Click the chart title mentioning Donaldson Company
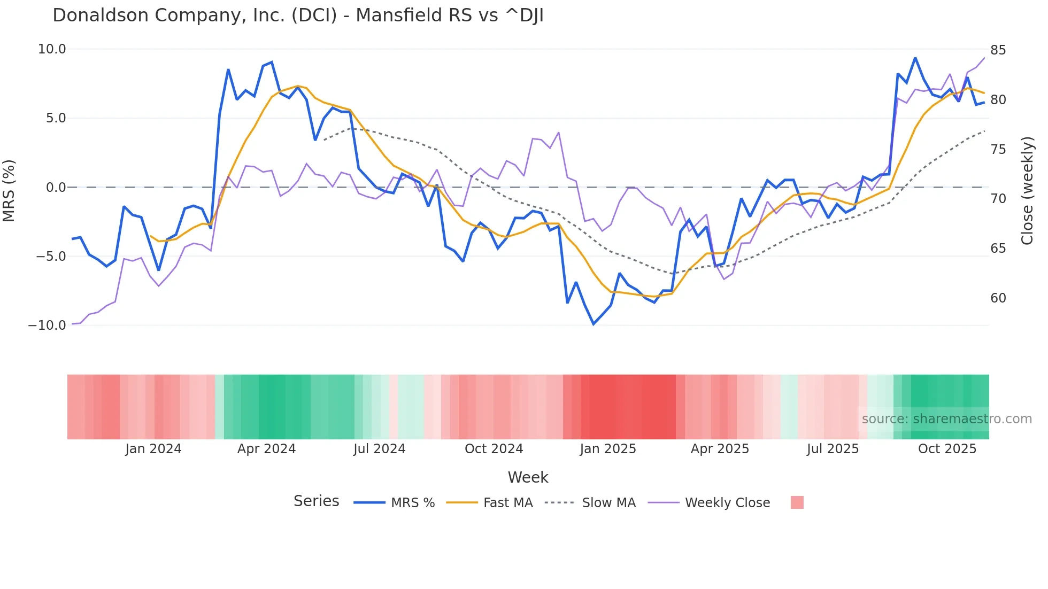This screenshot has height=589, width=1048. click(x=298, y=15)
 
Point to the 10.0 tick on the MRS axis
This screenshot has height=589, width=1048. click(x=52, y=49)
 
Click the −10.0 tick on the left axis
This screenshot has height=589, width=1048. click(x=47, y=325)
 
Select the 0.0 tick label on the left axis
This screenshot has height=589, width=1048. click(x=56, y=187)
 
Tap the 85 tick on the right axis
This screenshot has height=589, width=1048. click(x=998, y=50)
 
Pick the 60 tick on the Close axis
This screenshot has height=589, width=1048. click(x=998, y=298)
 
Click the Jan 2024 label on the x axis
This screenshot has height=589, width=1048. click(x=153, y=449)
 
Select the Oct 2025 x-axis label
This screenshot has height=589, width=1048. click(x=947, y=449)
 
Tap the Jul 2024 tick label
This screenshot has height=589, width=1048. click(x=379, y=449)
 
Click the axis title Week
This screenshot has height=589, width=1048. click(x=528, y=477)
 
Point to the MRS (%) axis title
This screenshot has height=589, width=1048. click(x=9, y=190)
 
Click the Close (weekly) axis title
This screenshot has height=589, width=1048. click(x=1027, y=191)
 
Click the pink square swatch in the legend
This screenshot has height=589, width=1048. click(x=797, y=502)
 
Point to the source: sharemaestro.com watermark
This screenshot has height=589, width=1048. click(x=946, y=419)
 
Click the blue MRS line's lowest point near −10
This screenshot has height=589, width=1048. click(x=594, y=324)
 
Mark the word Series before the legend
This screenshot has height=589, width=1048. click(x=316, y=501)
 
